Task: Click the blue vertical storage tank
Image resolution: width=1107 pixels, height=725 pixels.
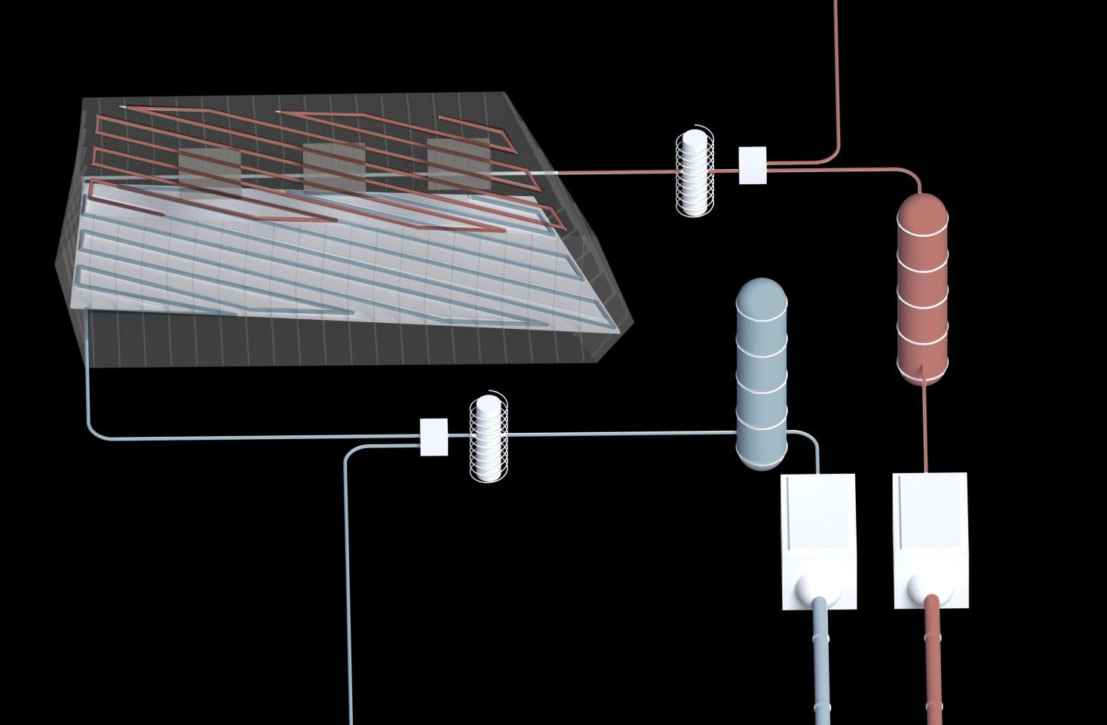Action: coord(762,377)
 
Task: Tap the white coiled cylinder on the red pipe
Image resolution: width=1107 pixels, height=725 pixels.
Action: coord(694,173)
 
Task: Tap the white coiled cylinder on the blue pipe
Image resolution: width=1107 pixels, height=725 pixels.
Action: coord(489,437)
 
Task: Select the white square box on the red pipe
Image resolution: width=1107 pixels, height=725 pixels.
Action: coord(752,165)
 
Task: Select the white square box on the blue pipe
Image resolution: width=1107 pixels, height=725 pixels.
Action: coord(434,437)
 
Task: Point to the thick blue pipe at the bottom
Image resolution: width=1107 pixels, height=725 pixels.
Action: coord(822,664)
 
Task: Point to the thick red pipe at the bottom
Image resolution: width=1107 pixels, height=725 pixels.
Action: coord(935,664)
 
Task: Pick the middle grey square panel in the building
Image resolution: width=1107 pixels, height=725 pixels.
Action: coord(334,167)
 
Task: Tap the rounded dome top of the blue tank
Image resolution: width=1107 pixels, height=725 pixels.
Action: coord(761,290)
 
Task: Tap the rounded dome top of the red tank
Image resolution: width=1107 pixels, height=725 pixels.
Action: coord(921,205)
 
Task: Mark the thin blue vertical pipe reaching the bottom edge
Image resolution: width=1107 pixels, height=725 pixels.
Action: coord(348,604)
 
